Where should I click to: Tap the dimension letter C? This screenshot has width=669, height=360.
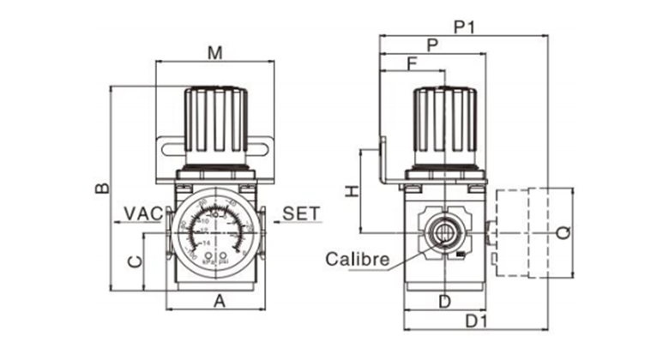point(133,261)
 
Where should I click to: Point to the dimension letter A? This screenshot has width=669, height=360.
point(218,301)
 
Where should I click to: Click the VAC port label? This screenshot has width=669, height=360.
point(142,213)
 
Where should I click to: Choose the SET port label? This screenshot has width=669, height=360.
point(300,213)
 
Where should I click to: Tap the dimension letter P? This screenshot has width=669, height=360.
point(432,45)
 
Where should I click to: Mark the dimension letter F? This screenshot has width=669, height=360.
point(412,63)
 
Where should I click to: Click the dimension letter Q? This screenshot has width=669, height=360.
point(562,231)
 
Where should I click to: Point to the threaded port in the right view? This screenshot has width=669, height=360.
point(443,231)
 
